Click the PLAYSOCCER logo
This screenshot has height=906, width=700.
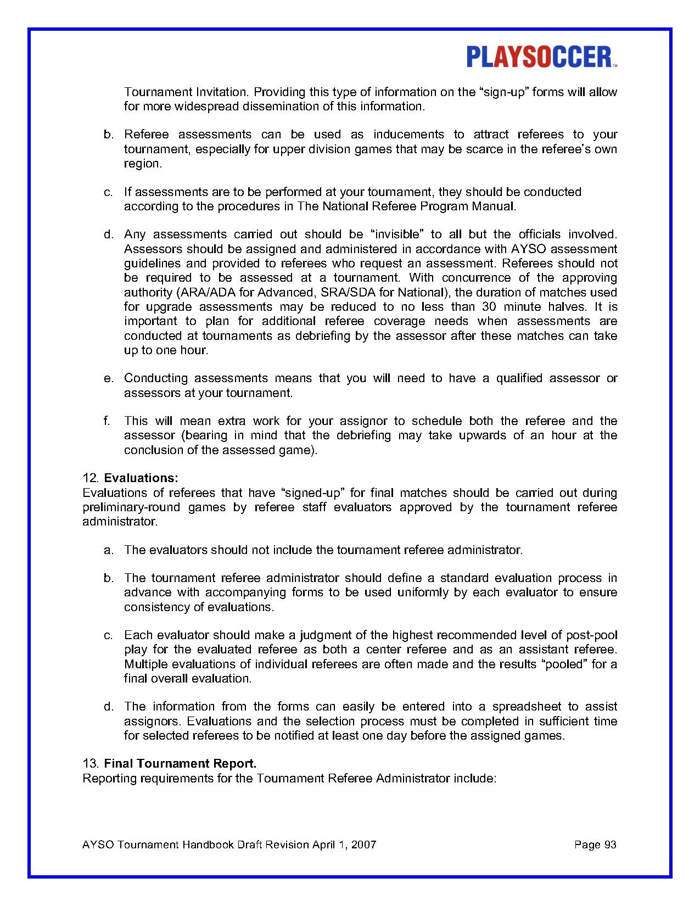point(541,57)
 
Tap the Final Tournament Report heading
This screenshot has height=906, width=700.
point(180,763)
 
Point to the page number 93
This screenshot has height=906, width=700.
point(610,845)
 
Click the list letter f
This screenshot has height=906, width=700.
point(106,421)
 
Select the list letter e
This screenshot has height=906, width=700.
point(108,378)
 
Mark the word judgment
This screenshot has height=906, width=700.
point(325,635)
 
